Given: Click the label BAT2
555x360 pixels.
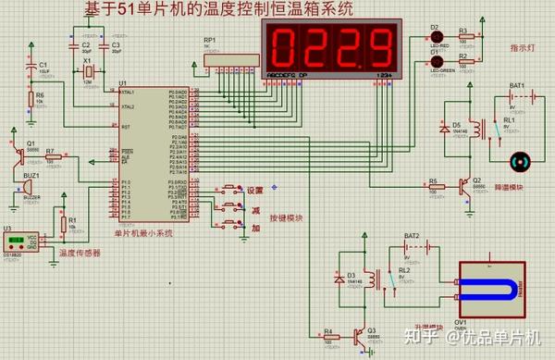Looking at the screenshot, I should [411, 236].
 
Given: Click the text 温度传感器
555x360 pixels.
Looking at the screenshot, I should [80, 252].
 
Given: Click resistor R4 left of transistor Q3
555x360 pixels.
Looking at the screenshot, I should [327, 336].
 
